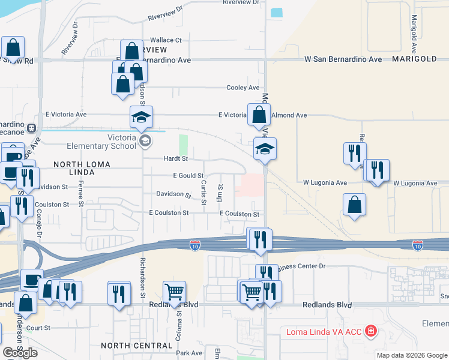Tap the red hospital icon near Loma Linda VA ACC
[x=371, y=331]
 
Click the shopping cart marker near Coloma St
[x=174, y=292]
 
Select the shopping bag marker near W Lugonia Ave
[x=355, y=205]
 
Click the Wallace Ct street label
[x=166, y=40]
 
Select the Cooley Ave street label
[x=243, y=88]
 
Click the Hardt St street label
[x=176, y=159]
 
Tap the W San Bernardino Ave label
[x=343, y=60]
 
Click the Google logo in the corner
[x=20, y=353]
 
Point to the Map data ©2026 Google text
[x=412, y=355]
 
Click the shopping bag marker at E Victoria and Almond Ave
[x=258, y=115]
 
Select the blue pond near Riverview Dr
[x=277, y=12]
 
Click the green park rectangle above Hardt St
[x=183, y=144]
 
